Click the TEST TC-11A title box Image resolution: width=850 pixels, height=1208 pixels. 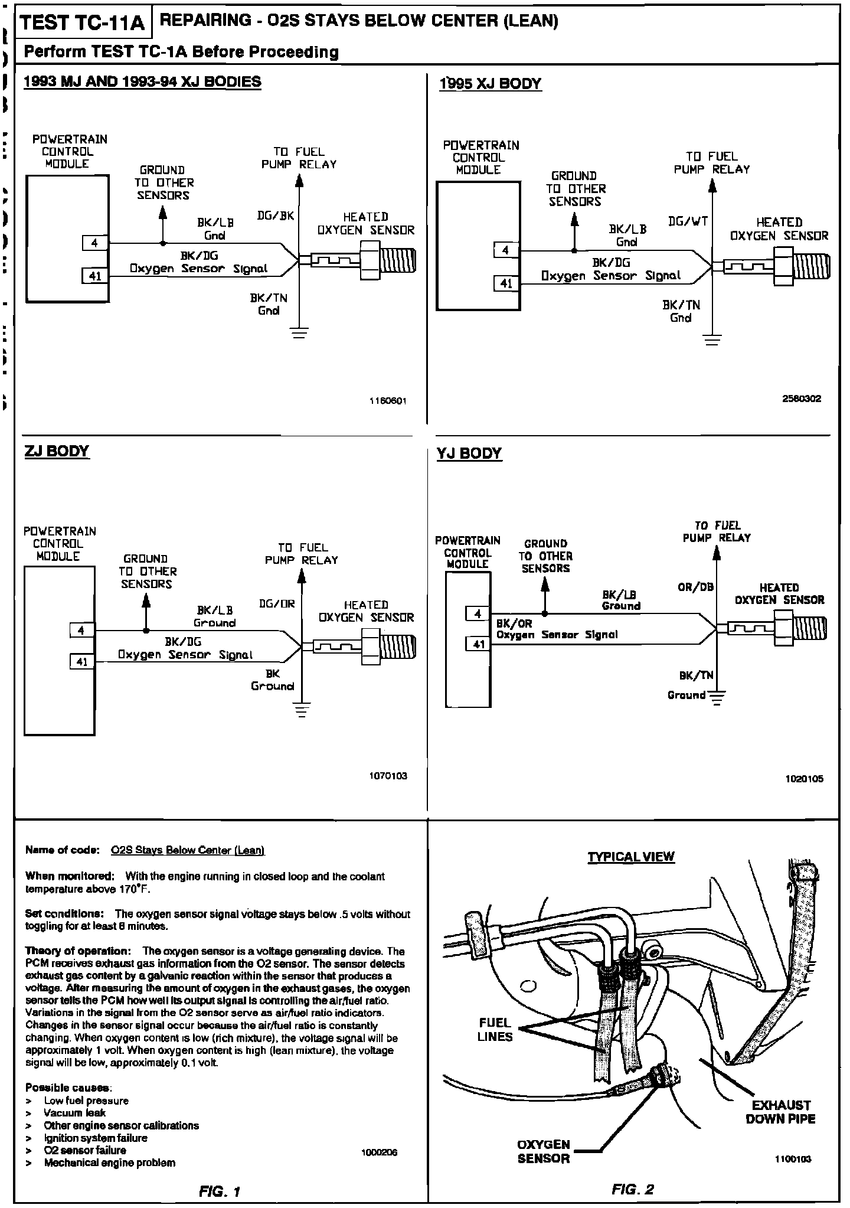click(83, 23)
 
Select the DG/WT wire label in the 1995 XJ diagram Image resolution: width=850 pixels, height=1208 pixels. click(688, 221)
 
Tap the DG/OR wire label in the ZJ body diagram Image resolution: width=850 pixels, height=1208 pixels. click(277, 604)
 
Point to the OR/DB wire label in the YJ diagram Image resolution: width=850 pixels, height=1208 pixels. click(696, 587)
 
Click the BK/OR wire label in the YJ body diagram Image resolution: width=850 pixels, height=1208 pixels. click(514, 623)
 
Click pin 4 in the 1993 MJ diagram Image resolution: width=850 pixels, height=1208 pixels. click(94, 243)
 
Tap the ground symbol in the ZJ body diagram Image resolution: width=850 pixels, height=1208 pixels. click(302, 710)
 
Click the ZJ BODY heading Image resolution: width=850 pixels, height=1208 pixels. click(57, 451)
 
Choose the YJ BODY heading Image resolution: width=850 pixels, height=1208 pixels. click(469, 453)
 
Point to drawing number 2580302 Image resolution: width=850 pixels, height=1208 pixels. click(801, 399)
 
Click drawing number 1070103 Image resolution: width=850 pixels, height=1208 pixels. click(388, 776)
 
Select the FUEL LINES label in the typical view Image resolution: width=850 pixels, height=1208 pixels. click(495, 1030)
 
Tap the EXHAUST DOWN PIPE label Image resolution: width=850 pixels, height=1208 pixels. click(780, 1112)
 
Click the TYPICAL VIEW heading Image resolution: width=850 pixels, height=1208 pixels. click(630, 857)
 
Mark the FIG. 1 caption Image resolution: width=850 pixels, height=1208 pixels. click(220, 1191)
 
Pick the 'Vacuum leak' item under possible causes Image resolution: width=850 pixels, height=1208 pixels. click(74, 1113)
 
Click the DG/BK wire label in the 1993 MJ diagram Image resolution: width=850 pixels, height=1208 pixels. click(275, 216)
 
